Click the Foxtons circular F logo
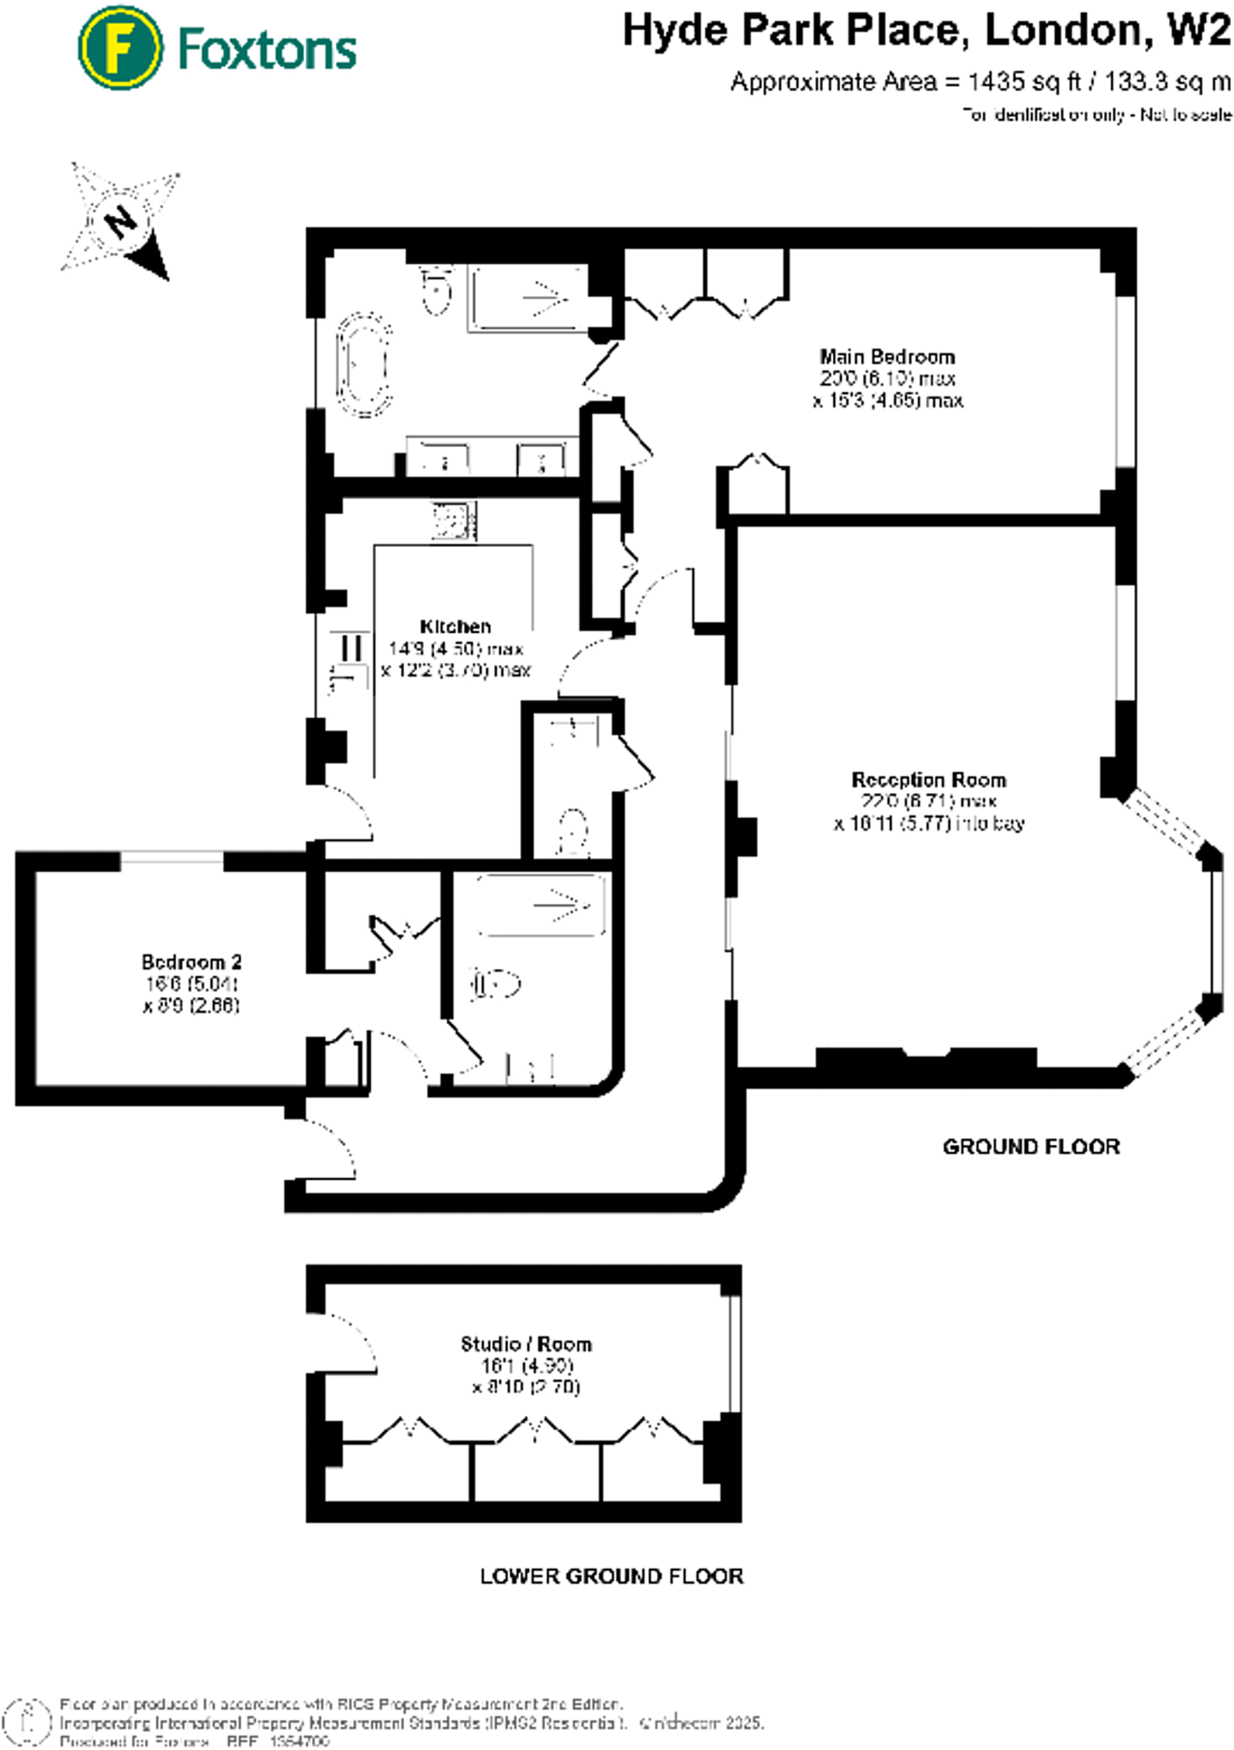click(120, 47)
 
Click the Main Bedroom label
click(887, 356)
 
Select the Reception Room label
click(929, 779)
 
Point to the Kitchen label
click(455, 626)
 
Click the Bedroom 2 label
click(191, 961)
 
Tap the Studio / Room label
click(526, 1343)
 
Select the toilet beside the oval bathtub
click(437, 291)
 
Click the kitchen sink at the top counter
click(453, 521)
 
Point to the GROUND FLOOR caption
click(1031, 1147)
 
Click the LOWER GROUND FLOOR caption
click(611, 1576)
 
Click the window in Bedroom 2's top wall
click(172, 860)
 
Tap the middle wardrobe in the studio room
click(536, 1470)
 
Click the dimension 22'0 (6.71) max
click(929, 802)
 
